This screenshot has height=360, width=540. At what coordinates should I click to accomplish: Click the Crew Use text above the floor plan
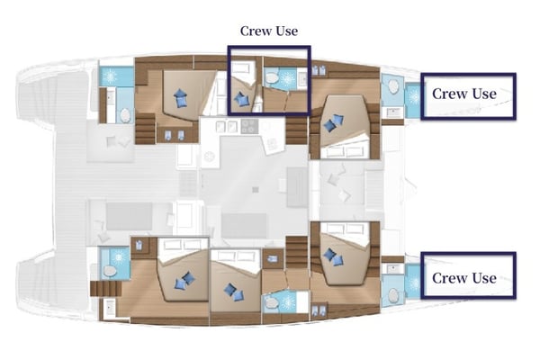268,31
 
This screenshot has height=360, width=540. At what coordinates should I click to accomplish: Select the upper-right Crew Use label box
463,94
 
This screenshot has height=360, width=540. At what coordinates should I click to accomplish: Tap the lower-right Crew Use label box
463,278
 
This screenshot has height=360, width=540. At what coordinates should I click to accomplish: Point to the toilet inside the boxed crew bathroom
272,80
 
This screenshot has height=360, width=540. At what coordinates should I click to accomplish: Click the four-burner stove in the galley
246,128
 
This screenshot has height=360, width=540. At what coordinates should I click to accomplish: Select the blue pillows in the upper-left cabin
182,97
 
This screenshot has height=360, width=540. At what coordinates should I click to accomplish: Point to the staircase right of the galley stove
296,134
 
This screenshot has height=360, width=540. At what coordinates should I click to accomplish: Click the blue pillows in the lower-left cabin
185,281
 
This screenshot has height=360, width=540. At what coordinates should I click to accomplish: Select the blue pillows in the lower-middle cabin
234,291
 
